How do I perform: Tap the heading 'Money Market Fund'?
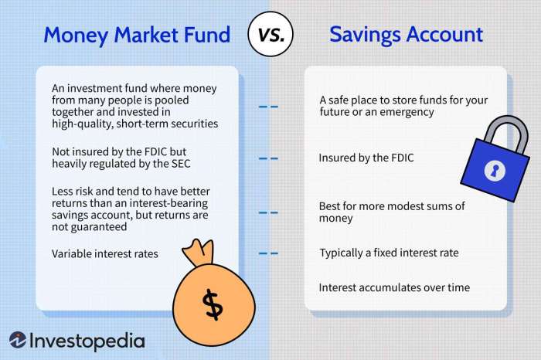(x=137, y=35)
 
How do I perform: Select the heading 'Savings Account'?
(x=406, y=35)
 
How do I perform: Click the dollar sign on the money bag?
(x=212, y=304)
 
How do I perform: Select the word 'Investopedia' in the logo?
(x=87, y=340)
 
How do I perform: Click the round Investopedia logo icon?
(x=18, y=340)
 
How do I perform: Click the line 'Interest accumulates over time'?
(x=394, y=287)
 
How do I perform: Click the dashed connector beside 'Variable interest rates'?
(x=267, y=253)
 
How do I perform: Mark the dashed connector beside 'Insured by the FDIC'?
(x=267, y=158)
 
